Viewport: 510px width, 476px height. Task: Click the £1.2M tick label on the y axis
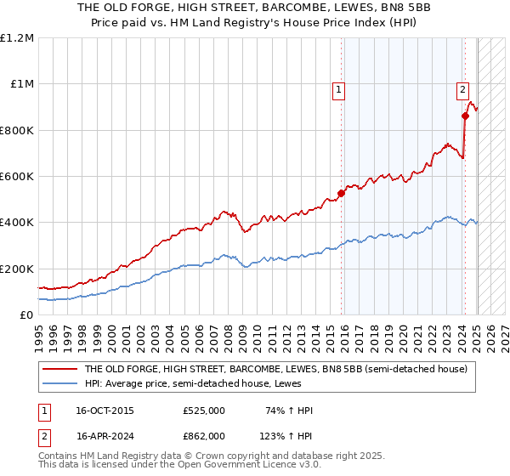[18, 38]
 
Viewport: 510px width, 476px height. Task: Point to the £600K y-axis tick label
[17, 177]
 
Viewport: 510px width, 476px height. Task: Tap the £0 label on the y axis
[25, 314]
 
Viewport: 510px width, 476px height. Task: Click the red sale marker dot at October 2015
[342, 194]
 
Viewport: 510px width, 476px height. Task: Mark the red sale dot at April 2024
[465, 116]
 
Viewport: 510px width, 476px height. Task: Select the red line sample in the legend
[59, 370]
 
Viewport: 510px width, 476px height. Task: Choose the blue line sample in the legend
[59, 384]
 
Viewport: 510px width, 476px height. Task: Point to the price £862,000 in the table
[204, 435]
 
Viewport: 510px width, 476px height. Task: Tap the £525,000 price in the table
[204, 411]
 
